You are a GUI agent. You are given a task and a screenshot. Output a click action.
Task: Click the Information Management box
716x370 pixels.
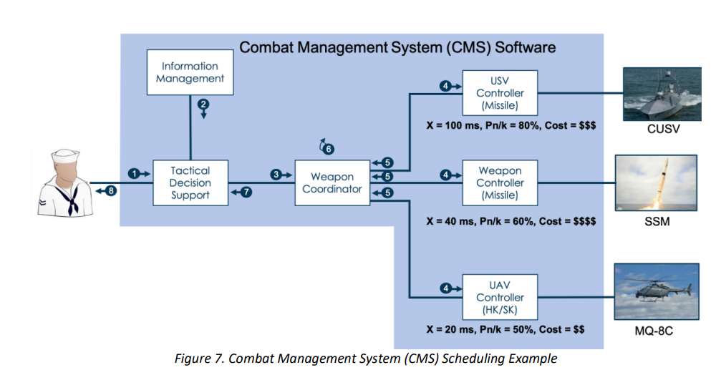pyautogui.click(x=190, y=72)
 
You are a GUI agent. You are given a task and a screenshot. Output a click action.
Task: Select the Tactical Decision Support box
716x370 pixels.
pyautogui.click(x=190, y=182)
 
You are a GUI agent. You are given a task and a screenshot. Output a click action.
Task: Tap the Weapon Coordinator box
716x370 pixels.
pyautogui.click(x=332, y=182)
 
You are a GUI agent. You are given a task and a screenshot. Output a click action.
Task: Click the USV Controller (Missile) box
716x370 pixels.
pyautogui.click(x=500, y=92)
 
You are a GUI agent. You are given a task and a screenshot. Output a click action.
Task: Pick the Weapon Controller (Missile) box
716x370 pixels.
pyautogui.click(x=500, y=182)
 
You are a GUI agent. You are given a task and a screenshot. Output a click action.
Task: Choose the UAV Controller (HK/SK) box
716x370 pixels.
pyautogui.click(x=500, y=297)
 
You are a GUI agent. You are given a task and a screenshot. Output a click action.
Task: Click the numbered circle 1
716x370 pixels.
pyautogui.click(x=134, y=173)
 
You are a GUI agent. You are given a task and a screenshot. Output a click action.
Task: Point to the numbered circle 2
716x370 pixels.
pyautogui.click(x=203, y=104)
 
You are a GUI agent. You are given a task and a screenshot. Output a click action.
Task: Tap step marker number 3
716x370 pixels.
pyautogui.click(x=276, y=175)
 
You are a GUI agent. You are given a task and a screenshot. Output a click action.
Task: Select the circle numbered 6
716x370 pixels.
pyautogui.click(x=329, y=149)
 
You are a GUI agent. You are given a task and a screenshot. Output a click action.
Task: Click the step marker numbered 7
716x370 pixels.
pyautogui.click(x=246, y=192)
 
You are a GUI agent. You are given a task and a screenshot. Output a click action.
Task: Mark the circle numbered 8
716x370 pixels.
pyautogui.click(x=111, y=190)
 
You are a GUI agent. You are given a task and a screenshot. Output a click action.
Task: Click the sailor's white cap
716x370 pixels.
pyautogui.click(x=66, y=156)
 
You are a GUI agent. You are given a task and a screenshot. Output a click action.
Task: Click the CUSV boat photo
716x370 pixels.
pyautogui.click(x=662, y=94)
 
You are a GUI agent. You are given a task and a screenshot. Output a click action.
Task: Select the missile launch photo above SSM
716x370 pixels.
pyautogui.click(x=656, y=182)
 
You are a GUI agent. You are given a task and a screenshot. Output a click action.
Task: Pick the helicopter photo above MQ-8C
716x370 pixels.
pyautogui.click(x=656, y=291)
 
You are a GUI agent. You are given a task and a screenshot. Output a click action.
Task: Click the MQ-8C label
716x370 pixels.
pyautogui.click(x=654, y=331)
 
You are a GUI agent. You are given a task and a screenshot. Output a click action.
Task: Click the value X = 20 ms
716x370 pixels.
pyautogui.click(x=450, y=329)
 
